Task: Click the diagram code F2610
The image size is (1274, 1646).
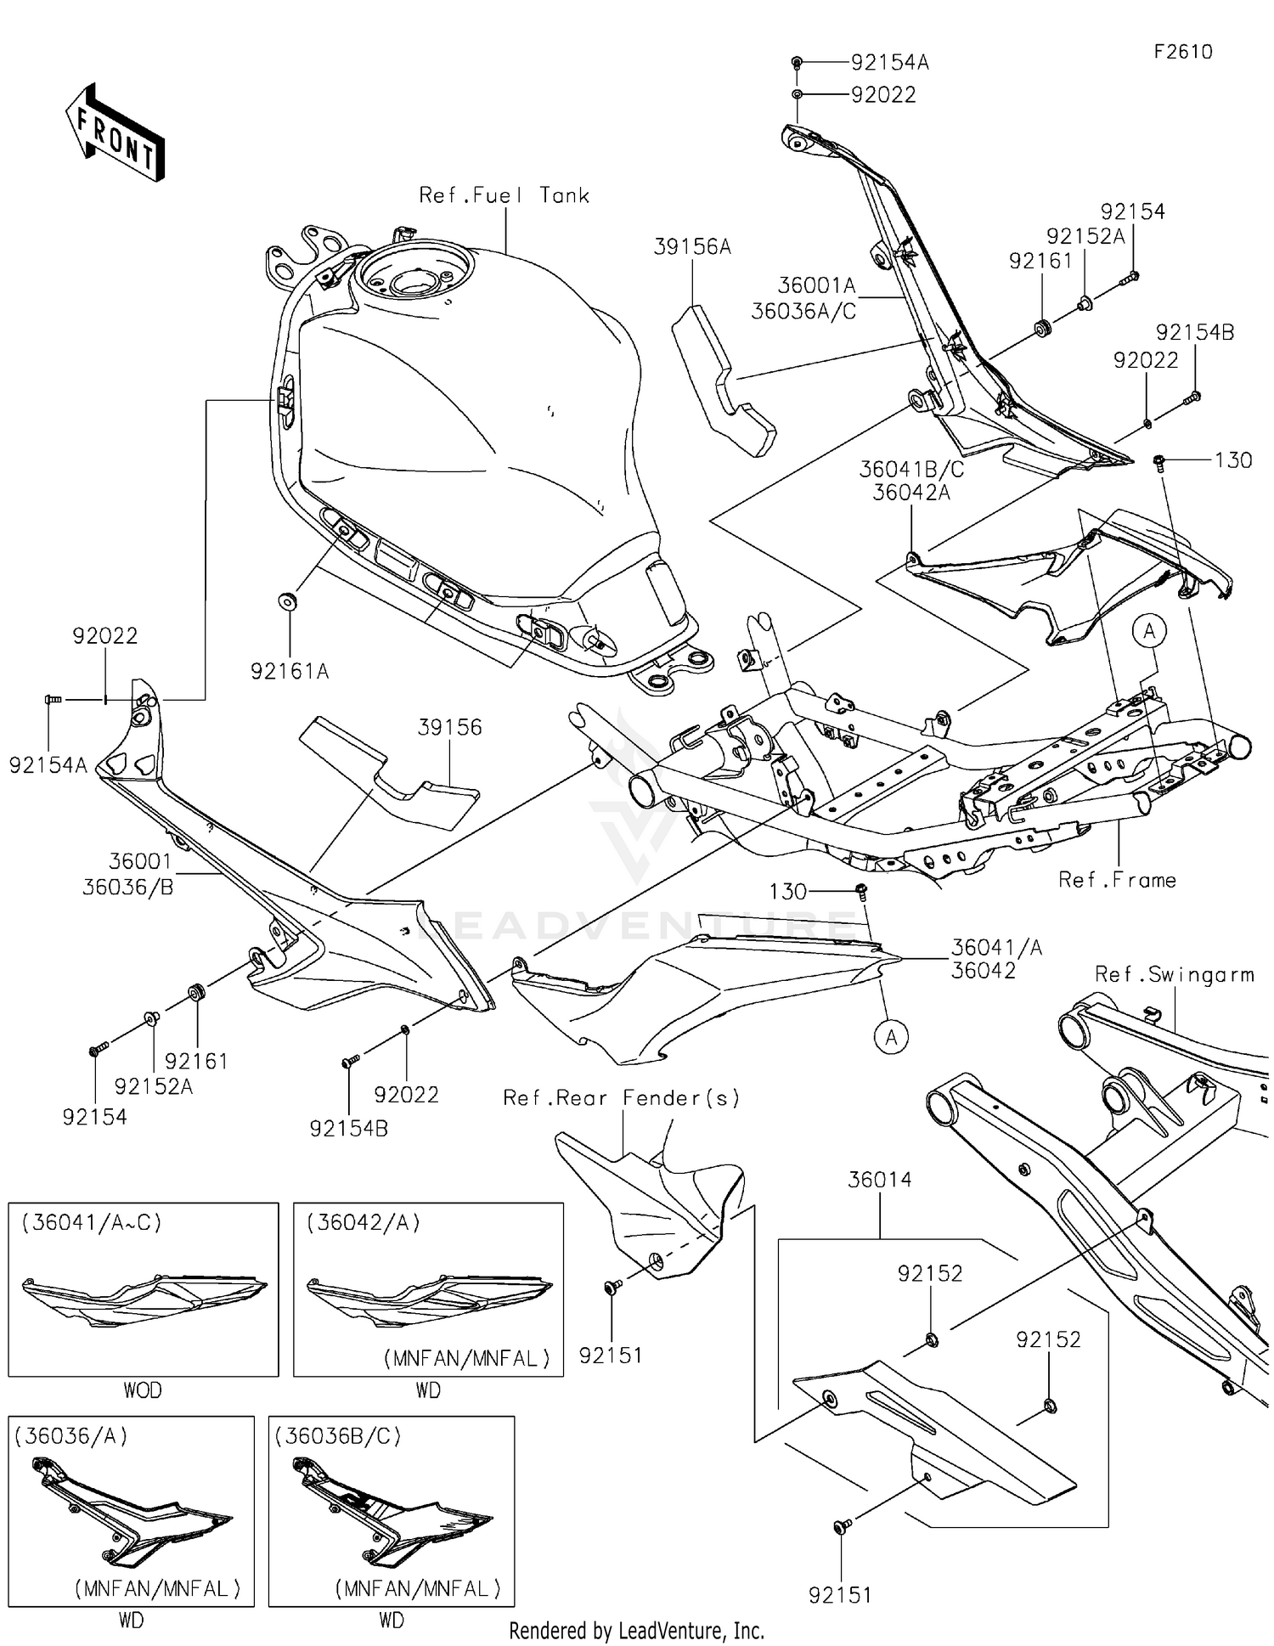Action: pyautogui.click(x=1182, y=52)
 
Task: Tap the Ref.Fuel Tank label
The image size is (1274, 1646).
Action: pyautogui.click(x=505, y=195)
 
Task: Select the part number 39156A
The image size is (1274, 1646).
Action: pyautogui.click(x=692, y=247)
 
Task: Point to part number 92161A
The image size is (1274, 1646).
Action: pyautogui.click(x=290, y=672)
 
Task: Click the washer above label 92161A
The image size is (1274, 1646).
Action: pyautogui.click(x=289, y=601)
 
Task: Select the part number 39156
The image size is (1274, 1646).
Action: pyautogui.click(x=449, y=728)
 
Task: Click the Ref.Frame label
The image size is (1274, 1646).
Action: pyautogui.click(x=1117, y=880)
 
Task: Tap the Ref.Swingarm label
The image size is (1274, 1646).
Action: pyautogui.click(x=1174, y=975)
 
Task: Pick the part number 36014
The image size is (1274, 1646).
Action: pyautogui.click(x=880, y=1180)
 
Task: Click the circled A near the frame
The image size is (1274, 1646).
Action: pyautogui.click(x=1149, y=631)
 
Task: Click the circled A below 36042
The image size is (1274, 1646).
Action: pyautogui.click(x=892, y=1037)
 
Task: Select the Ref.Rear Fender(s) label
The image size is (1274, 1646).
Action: pyautogui.click(x=621, y=1098)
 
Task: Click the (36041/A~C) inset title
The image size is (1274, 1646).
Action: pyautogui.click(x=92, y=1223)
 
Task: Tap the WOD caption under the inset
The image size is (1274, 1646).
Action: pyautogui.click(x=143, y=1391)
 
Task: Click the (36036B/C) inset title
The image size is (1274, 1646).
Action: pyautogui.click(x=338, y=1436)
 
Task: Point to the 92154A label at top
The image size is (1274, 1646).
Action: pyautogui.click(x=889, y=62)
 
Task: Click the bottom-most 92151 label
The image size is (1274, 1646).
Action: pyautogui.click(x=840, y=1596)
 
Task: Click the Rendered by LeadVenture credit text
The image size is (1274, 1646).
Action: pyautogui.click(x=636, y=1631)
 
